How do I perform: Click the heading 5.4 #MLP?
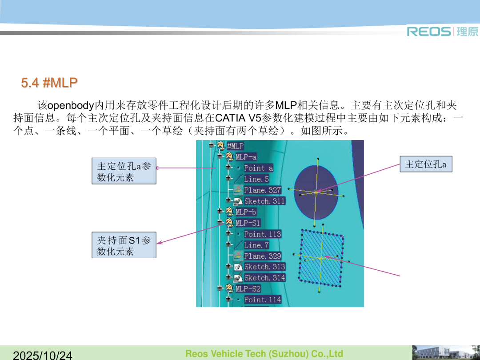pos(49,82)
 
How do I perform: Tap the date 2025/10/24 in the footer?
pos(43,355)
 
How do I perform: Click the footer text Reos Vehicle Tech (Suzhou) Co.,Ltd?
pos(264,354)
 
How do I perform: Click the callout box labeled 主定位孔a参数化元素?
pos(124,171)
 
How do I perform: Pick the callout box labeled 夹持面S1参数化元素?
pos(124,245)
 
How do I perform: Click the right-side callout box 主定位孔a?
pos(426,164)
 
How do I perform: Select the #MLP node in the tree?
pos(235,146)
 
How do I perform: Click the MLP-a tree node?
pos(246,157)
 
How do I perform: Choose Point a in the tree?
pos(258,168)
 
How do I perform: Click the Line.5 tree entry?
pos(256,179)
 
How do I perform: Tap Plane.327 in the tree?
pos(262,190)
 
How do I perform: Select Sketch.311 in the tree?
pos(264,201)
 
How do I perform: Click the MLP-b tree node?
pos(246,212)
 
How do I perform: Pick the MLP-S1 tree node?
pos(248,223)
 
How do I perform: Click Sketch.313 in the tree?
pos(264,267)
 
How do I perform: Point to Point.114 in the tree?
pos(262,300)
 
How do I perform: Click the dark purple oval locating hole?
pos(316,192)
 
